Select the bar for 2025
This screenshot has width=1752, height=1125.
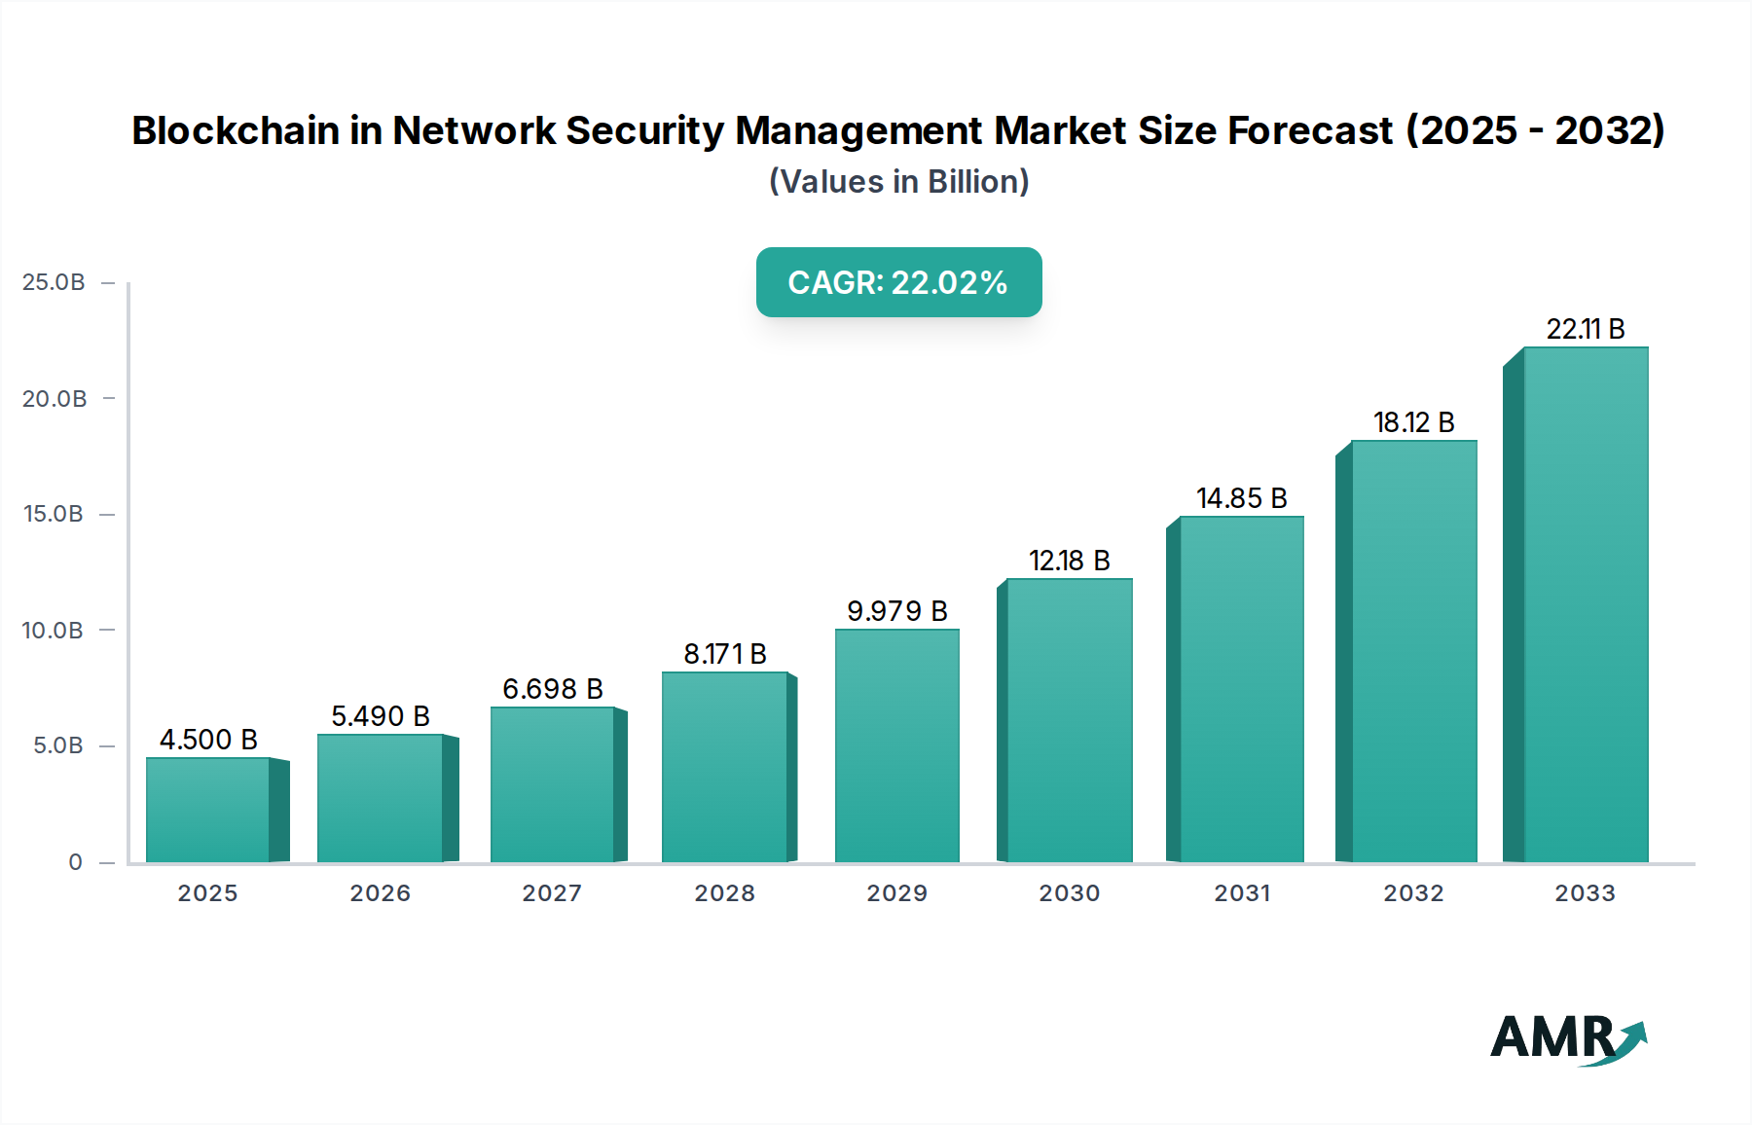pos(208,810)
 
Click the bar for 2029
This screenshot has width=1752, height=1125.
pos(896,745)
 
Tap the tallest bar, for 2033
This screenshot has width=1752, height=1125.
pos(1586,604)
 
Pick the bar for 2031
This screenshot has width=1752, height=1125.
pos(1241,689)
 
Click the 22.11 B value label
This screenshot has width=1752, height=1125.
pos(1586,329)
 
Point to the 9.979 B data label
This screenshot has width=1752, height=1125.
pos(896,611)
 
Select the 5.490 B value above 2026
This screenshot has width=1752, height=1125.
pos(380,716)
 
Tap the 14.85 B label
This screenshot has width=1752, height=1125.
pos(1241,498)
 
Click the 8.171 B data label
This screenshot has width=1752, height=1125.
pos(724,654)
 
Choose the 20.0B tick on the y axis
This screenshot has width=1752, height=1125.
pos(55,399)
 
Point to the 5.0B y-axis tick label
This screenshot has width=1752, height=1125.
pos(58,745)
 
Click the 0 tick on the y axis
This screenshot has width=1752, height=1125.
pos(75,862)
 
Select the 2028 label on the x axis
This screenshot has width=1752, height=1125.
pos(724,893)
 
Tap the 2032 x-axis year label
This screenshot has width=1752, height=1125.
pos(1413,893)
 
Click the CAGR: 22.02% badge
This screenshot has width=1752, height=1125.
pos(898,282)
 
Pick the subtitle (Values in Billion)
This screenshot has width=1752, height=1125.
pos(898,182)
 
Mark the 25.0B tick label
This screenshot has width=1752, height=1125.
pos(54,282)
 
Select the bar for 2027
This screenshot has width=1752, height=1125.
pos(552,784)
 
